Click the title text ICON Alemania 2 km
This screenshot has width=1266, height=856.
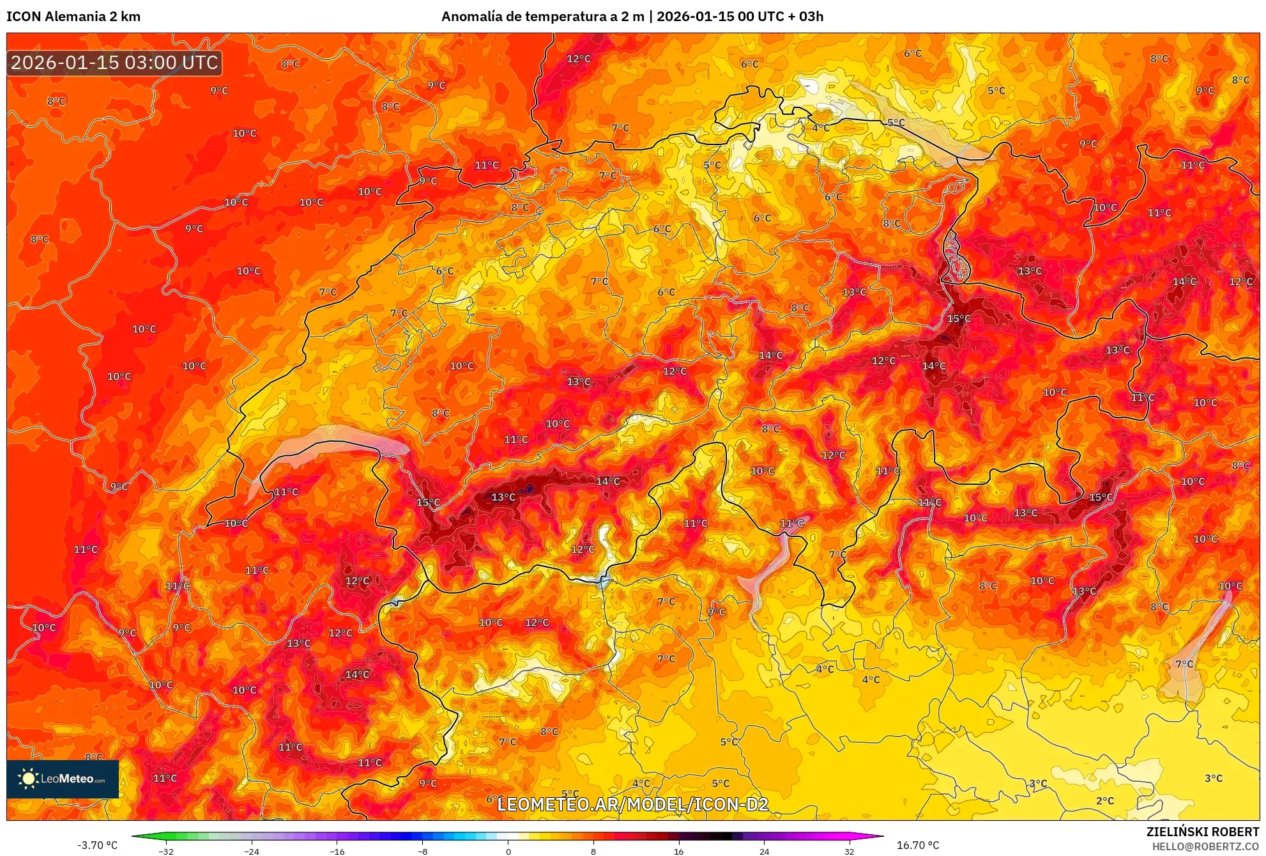tap(73, 17)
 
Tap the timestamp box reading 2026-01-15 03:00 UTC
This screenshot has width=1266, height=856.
tap(115, 63)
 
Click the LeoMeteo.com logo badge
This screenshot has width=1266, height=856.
tap(63, 779)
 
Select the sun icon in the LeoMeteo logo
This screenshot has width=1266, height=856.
tap(28, 778)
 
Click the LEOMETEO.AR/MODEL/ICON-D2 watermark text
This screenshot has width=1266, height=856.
tap(632, 804)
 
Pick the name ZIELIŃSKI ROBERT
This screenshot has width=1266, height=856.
tap(1202, 832)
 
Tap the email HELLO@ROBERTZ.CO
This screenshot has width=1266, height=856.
tap(1205, 846)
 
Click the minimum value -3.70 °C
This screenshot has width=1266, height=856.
tap(97, 845)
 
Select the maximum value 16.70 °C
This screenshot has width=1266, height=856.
tap(918, 845)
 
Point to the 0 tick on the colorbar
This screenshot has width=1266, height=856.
tap(508, 852)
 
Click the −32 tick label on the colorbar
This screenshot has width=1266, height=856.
tap(166, 852)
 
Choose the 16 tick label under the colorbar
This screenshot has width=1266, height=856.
tap(678, 852)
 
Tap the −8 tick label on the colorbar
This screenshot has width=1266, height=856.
tap(423, 852)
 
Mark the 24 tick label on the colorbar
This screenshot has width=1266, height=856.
tap(764, 852)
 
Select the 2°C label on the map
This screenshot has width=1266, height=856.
tap(1104, 801)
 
